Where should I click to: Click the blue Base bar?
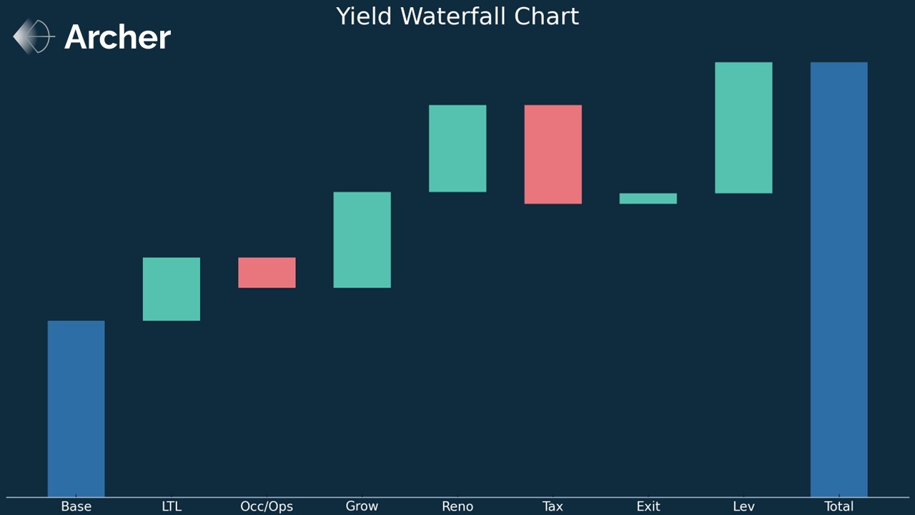pos(76,408)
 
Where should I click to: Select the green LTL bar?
pos(172,289)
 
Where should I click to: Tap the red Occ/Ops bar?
pos(267,273)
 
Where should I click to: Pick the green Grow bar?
pos(362,240)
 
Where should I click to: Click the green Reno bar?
pos(457,148)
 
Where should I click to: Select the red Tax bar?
pos(553,154)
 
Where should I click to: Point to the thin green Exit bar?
pos(648,198)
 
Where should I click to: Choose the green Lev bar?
pos(743,127)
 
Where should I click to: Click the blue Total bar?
pos(839,279)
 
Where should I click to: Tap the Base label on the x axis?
pos(76,506)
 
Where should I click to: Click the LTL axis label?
pos(172,506)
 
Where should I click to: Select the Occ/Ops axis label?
pos(267,506)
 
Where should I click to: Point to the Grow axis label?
pos(362,506)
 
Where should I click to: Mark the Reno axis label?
pos(457,506)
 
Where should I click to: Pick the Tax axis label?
pos(553,506)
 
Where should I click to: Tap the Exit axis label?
pos(648,506)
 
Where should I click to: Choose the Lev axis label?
pos(743,506)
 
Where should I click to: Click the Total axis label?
pos(839,506)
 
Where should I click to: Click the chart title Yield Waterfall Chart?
pos(457,16)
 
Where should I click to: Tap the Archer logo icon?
pos(34,36)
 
